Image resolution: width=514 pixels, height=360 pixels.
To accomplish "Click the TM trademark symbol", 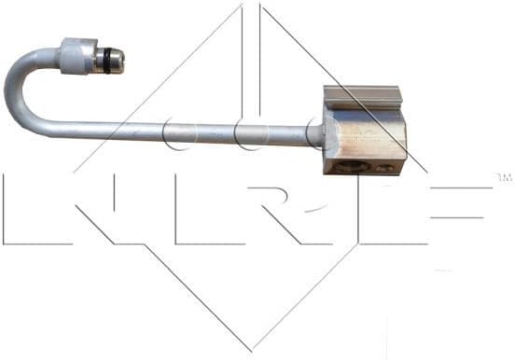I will pos(503,176).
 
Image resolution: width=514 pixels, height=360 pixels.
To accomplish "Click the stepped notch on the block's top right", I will pos(400,92).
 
